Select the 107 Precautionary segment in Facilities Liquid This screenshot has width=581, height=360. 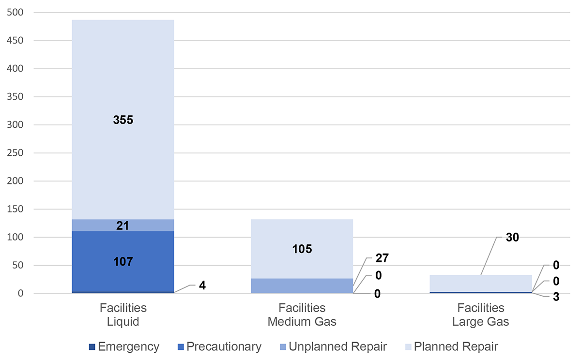coord(122,261)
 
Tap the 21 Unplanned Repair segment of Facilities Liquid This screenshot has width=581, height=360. coord(122,225)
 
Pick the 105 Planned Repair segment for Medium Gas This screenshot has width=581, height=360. coord(302,249)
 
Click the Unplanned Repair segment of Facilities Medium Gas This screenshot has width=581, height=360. coord(302,285)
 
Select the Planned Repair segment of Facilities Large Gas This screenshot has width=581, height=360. coord(481,283)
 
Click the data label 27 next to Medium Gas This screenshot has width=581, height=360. coord(382,257)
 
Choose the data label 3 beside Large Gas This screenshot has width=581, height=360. coord(556,297)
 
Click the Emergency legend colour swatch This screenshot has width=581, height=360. coord(92,347)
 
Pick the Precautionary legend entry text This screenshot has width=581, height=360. coord(224,346)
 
